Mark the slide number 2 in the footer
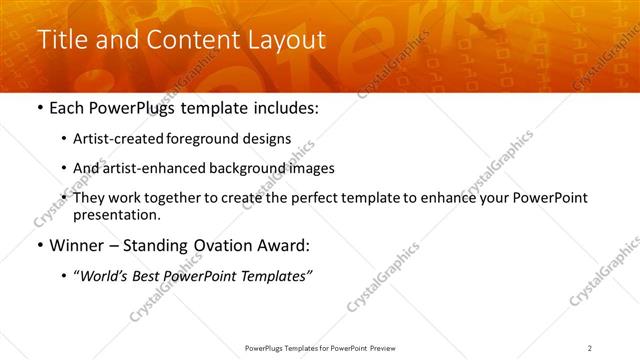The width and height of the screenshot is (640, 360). point(590,348)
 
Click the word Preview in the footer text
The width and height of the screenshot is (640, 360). point(387,348)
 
